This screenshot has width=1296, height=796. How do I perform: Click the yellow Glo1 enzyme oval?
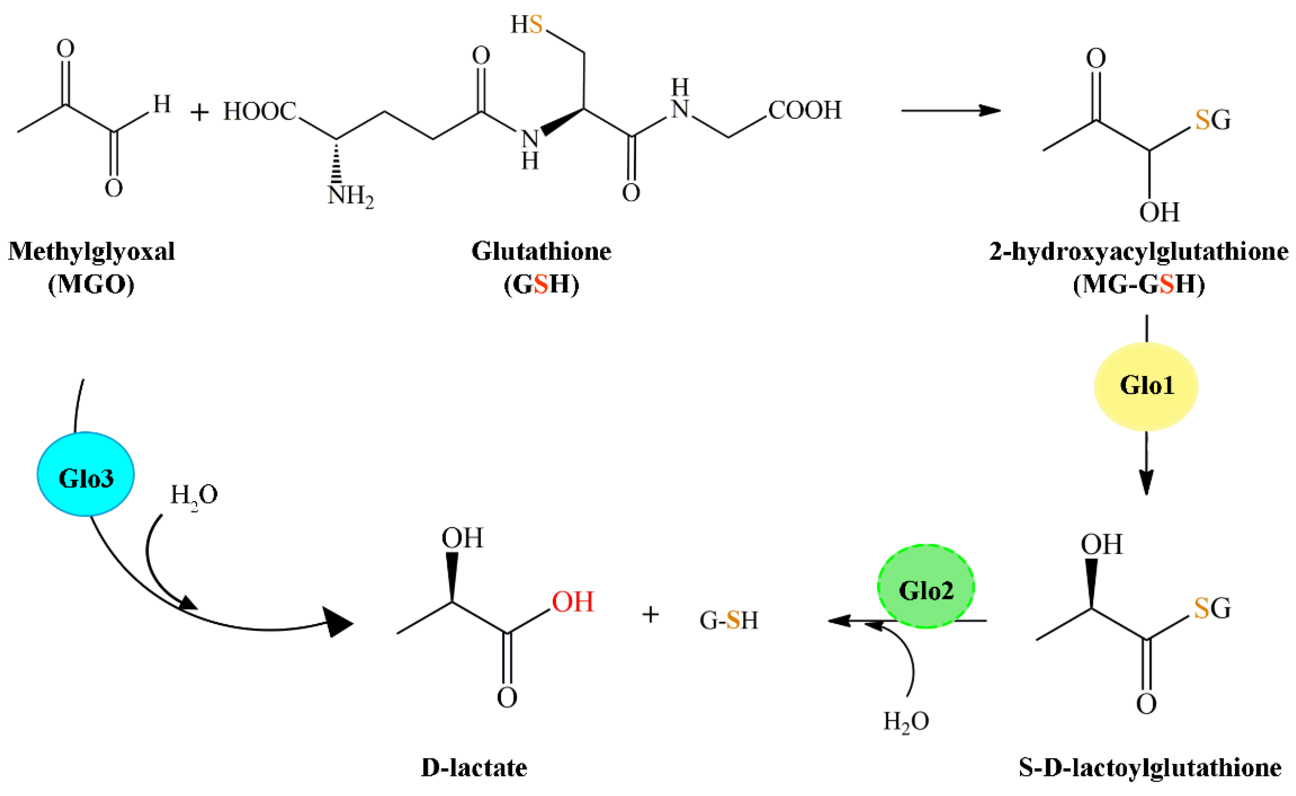(1146, 386)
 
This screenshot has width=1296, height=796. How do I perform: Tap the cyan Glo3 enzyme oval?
(86, 474)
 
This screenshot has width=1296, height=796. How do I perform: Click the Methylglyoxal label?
(91, 252)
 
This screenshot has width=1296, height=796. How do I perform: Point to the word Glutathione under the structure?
(541, 252)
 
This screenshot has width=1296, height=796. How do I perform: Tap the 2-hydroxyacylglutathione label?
(1139, 252)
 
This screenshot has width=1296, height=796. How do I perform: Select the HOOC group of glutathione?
(260, 112)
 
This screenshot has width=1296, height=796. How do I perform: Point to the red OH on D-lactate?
(572, 602)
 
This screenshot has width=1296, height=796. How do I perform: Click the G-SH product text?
(728, 620)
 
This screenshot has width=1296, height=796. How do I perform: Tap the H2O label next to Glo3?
(194, 495)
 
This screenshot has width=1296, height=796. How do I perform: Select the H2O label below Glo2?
(906, 721)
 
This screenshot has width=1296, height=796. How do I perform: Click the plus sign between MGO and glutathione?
(199, 112)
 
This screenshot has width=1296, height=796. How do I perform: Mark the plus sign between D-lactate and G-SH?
(650, 615)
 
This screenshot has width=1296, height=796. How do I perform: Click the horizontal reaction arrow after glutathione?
(950, 111)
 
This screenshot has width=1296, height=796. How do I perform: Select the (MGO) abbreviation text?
(91, 284)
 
